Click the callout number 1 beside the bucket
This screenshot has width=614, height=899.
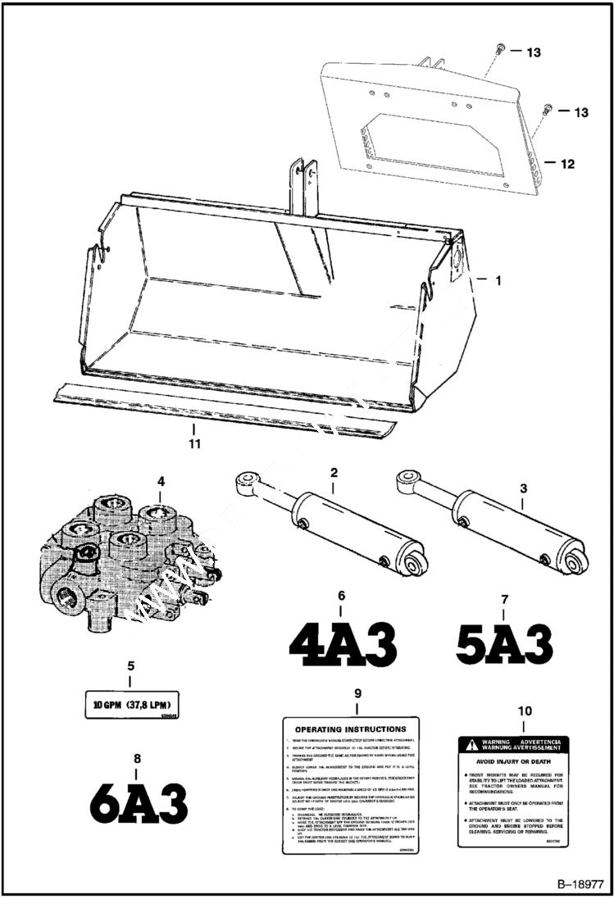pos(497,279)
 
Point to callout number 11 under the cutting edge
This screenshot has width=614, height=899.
pos(195,443)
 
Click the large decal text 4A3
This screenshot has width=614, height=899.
pos(343,644)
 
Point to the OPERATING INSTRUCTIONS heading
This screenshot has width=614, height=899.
pos(350,729)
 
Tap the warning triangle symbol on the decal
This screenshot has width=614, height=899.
pos(469,746)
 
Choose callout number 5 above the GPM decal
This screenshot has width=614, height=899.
pos(130,665)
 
